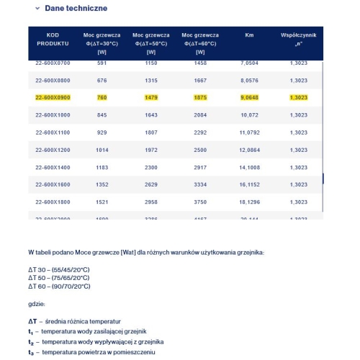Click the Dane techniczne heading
point(76,9)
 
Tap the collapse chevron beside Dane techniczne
point(37,9)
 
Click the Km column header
point(249,35)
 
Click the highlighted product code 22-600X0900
point(53,97)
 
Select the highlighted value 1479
point(150,97)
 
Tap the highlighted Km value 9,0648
point(249,97)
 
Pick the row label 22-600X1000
point(53,114)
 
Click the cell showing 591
point(102,63)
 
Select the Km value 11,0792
point(249,132)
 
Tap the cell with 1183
point(102,167)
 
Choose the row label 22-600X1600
point(53,184)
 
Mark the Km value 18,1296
point(249,202)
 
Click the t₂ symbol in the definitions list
point(31,342)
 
